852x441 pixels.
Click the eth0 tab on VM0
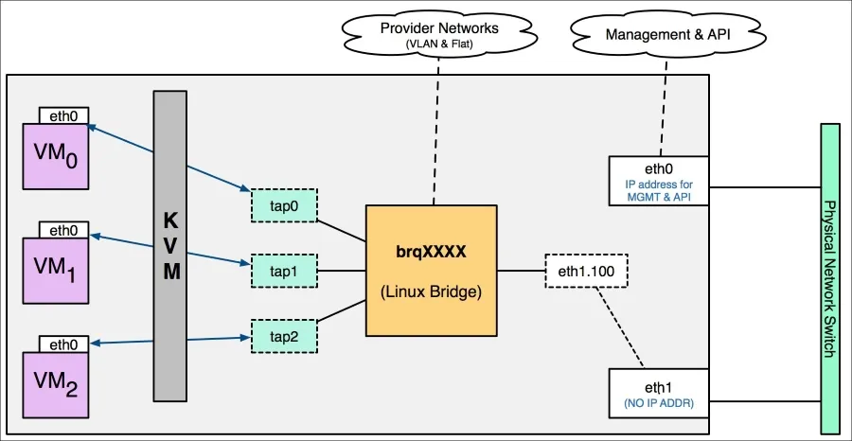(63, 115)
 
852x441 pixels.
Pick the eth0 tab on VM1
(63, 229)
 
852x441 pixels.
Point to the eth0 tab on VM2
(63, 344)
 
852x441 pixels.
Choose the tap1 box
(283, 271)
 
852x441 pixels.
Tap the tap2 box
(283, 336)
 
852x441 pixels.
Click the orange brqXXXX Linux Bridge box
(432, 271)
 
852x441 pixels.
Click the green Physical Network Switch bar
(830, 265)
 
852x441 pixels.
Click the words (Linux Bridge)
(432, 293)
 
